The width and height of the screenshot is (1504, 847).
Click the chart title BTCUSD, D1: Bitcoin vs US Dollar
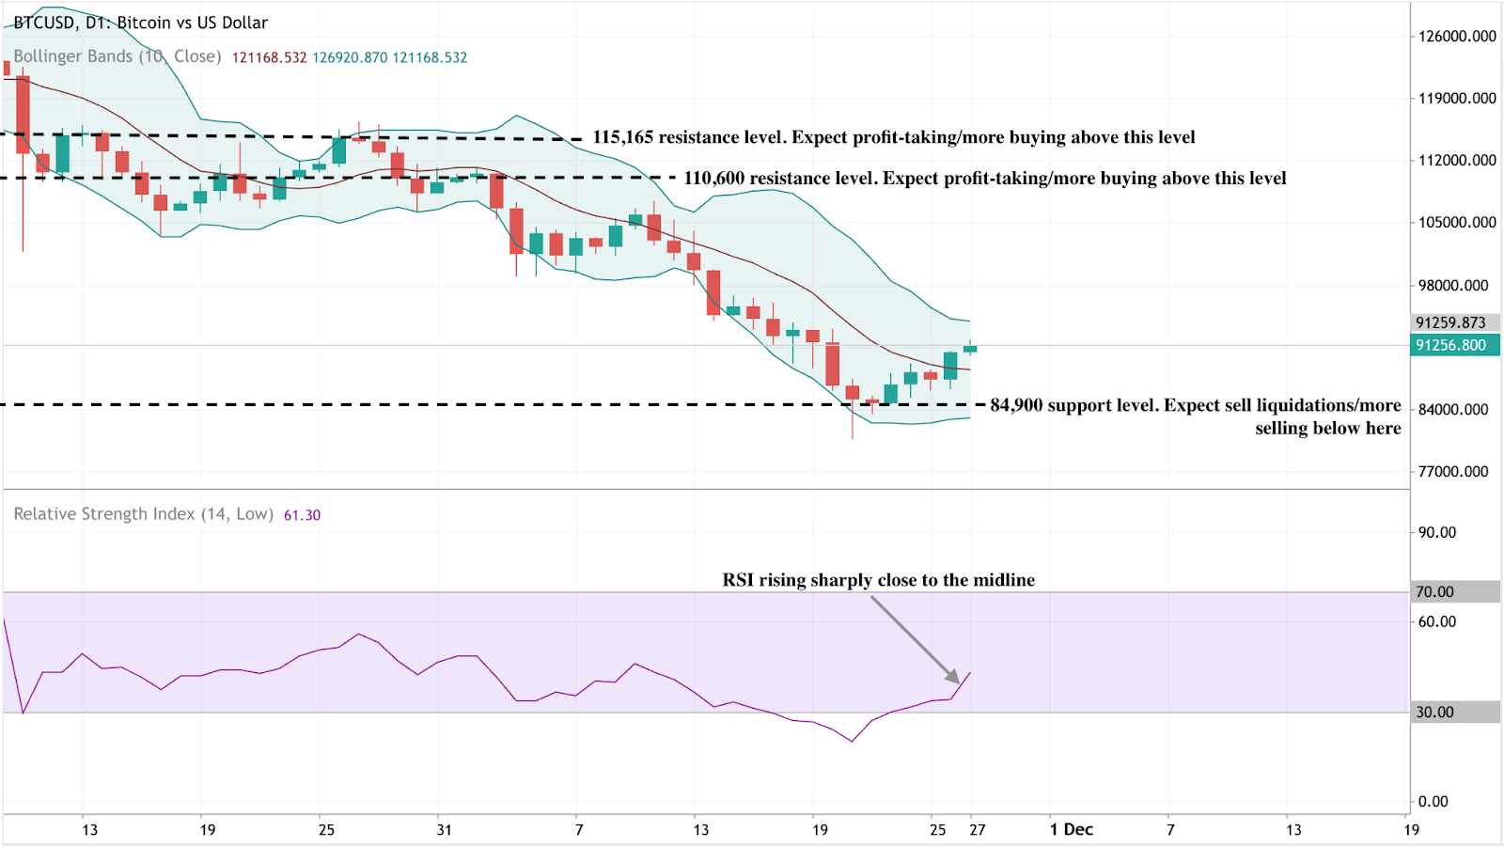[141, 23]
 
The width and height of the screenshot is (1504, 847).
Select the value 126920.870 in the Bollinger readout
[350, 57]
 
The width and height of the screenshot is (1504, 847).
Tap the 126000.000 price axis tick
[1457, 37]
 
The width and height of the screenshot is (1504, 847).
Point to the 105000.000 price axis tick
[1457, 223]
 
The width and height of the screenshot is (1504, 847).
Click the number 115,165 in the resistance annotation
[622, 137]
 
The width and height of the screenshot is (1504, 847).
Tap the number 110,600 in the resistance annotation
[713, 179]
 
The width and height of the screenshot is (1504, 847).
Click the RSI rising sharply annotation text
[878, 580]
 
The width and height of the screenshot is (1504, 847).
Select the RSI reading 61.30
[302, 515]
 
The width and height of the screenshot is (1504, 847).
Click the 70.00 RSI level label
[1435, 592]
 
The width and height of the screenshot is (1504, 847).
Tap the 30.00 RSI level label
[1435, 713]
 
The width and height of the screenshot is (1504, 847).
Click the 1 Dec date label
[1072, 829]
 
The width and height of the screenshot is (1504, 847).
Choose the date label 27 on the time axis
[978, 829]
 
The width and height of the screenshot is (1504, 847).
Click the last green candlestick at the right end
[970, 349]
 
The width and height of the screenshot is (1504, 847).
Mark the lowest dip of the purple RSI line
[853, 741]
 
